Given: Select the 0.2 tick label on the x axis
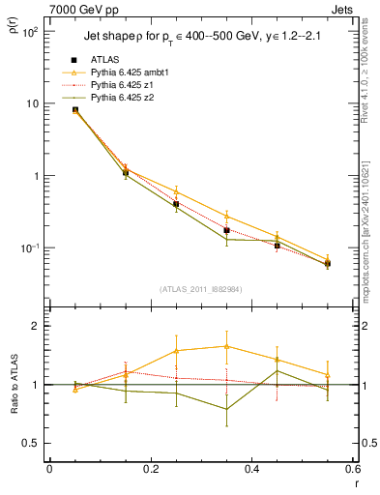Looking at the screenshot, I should point(150,469).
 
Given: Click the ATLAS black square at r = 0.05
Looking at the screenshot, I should point(74,110).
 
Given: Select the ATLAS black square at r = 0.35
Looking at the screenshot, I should point(226,230).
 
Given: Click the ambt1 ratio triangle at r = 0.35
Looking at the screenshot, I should point(226,346).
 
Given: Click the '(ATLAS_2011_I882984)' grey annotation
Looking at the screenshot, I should point(200,289).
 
